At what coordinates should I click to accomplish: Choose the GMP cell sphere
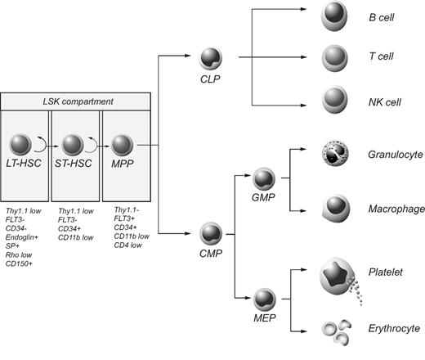click(265, 179)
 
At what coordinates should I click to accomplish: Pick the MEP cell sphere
click(265, 295)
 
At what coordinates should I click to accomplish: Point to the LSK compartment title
click(75, 100)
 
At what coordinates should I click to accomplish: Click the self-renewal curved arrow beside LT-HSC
click(39, 145)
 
